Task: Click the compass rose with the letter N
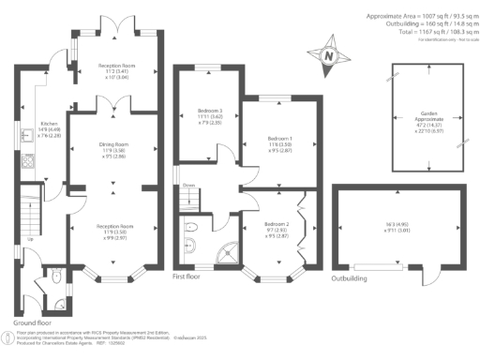[328, 55]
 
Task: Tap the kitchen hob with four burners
[26, 160]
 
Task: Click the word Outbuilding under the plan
[347, 278]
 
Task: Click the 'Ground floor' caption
[31, 319]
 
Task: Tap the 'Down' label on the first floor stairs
[189, 185]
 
